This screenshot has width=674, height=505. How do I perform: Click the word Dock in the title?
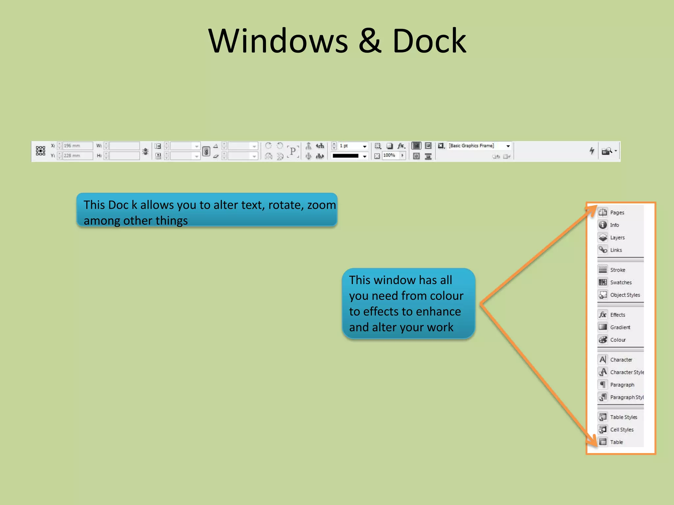[x=429, y=41]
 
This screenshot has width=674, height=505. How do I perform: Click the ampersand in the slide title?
[x=370, y=41]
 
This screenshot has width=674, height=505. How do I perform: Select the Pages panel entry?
[x=617, y=212]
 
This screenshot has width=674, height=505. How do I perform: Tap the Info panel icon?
[x=603, y=225]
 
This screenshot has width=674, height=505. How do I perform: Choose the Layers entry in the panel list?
[x=617, y=237]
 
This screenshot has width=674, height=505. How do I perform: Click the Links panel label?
[x=616, y=250]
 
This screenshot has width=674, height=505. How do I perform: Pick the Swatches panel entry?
[x=621, y=282]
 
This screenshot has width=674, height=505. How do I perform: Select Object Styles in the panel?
[x=625, y=295]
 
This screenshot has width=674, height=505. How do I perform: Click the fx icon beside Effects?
[x=603, y=315]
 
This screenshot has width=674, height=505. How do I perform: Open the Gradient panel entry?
[x=620, y=327]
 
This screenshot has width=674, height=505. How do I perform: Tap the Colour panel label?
[x=618, y=340]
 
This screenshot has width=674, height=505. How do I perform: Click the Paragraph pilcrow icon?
[x=603, y=384]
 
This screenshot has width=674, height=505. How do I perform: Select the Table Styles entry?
[x=623, y=417]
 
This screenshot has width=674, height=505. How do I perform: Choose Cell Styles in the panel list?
[x=621, y=429]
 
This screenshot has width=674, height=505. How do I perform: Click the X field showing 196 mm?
[x=77, y=146]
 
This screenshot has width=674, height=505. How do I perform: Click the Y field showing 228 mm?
[x=77, y=156]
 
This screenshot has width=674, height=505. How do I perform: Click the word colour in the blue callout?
[x=446, y=296]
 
